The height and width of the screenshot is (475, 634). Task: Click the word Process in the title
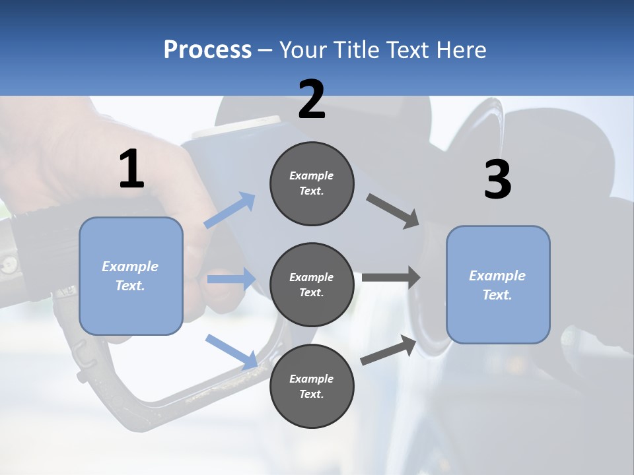point(207,50)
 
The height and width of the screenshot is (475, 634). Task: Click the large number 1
point(131,169)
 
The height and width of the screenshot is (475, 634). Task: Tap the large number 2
point(312,100)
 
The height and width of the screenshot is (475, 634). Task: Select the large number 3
point(497,179)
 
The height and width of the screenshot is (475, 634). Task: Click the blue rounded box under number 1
point(131,276)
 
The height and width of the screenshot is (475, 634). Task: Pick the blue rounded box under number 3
point(498,284)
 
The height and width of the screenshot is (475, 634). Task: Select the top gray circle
point(312,183)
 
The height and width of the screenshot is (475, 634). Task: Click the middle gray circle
point(312,284)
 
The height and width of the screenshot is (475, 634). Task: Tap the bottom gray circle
point(312,386)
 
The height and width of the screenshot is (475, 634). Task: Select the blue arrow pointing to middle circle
point(231,279)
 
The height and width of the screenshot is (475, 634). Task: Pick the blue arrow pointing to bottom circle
point(231,351)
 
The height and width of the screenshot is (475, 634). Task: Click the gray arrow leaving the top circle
point(393,211)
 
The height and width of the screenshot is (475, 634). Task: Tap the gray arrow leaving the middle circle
point(390,276)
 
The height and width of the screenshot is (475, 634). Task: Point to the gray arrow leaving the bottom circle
point(389,350)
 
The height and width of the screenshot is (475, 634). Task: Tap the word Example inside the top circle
point(312,175)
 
